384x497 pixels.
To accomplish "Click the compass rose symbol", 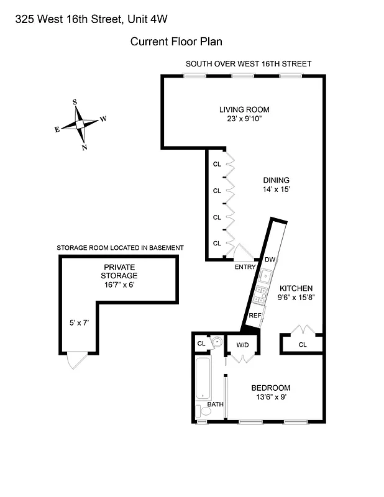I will pyautogui.click(x=80, y=124).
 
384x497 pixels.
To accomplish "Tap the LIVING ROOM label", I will pyautogui.click(x=244, y=110).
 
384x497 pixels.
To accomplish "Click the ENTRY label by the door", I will pyautogui.click(x=245, y=267).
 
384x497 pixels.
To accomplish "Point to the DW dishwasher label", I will pyautogui.click(x=270, y=259).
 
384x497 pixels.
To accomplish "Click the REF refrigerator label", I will pyautogui.click(x=255, y=316).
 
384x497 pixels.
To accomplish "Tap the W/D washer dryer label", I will pyautogui.click(x=242, y=344).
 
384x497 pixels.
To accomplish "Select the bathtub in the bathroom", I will pyautogui.click(x=203, y=378).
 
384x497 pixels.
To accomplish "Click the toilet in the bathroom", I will pyautogui.click(x=201, y=411).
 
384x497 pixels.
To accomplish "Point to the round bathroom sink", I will pyautogui.click(x=216, y=342).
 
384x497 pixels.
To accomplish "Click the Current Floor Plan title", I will pyautogui.click(x=176, y=42).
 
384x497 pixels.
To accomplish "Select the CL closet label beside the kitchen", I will pyautogui.click(x=303, y=344).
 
